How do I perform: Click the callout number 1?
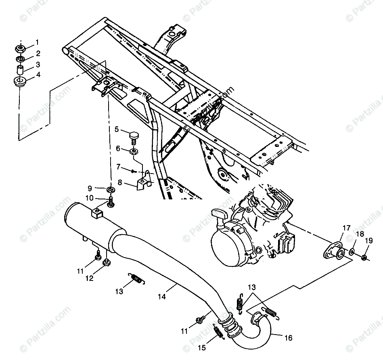click(38, 42)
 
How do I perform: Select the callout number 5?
click(117, 130)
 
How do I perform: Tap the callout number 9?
click(90, 188)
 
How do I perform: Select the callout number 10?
click(89, 198)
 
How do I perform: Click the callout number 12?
click(90, 278)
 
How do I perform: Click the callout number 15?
click(201, 347)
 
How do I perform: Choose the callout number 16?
click(288, 338)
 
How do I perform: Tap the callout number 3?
click(38, 65)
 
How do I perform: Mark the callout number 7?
click(119, 166)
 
